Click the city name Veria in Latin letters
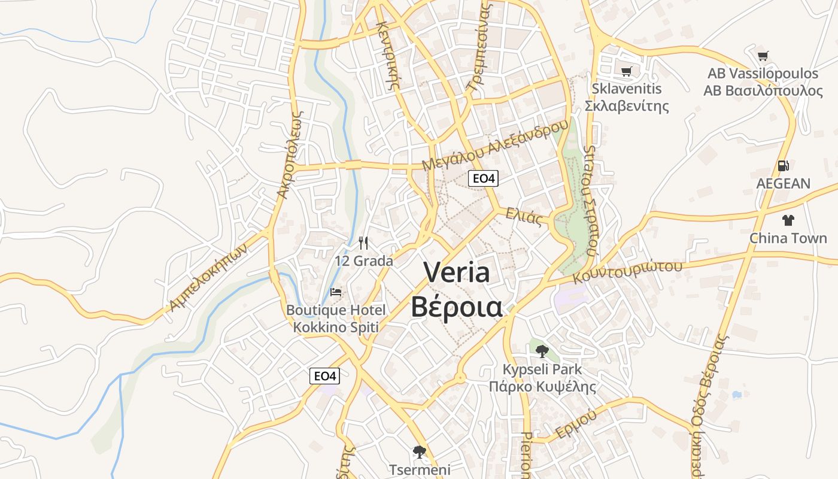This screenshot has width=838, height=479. (457, 273)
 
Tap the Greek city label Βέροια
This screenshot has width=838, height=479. (457, 307)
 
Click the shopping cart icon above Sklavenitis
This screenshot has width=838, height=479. (626, 72)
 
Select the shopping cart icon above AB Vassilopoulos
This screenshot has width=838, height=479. (763, 56)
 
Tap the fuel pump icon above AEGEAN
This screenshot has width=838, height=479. (783, 166)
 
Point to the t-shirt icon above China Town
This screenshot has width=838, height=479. (788, 220)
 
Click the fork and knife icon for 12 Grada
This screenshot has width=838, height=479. (363, 242)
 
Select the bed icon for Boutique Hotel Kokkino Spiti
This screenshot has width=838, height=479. (336, 292)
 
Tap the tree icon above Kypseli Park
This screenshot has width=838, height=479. (542, 351)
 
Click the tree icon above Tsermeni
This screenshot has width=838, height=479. (420, 451)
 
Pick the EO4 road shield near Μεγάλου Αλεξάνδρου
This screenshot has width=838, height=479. (482, 178)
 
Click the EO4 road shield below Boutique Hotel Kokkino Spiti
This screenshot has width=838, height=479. (325, 376)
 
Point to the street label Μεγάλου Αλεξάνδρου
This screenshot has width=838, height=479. (494, 145)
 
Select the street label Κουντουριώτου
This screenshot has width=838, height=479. (627, 271)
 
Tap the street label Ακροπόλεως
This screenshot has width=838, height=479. (292, 154)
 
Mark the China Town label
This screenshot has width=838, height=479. (788, 238)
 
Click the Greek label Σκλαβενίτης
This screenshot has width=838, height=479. (626, 106)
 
